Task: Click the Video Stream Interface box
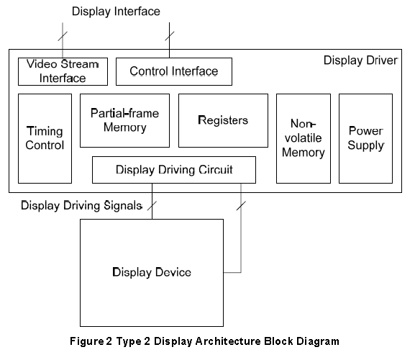[63, 71]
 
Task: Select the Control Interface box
[174, 71]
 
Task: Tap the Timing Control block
[45, 138]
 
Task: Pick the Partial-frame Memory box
[124, 120]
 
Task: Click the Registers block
[223, 120]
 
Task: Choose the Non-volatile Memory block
[304, 138]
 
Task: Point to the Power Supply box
[365, 138]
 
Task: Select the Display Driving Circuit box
[174, 170]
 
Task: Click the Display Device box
[152, 273]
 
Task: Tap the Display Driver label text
[360, 60]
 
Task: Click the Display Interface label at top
[116, 12]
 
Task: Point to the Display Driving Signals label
[81, 206]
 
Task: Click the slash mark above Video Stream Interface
[63, 36]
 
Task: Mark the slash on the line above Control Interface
[170, 36]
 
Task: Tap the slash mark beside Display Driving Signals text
[152, 206]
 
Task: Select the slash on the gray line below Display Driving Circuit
[241, 206]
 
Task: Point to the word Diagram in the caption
[318, 341]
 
